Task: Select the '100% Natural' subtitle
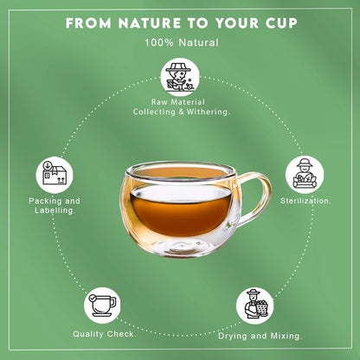(180, 42)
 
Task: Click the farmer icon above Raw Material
(179, 78)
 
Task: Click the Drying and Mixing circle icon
(255, 305)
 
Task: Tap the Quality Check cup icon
(101, 305)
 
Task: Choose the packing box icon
(53, 172)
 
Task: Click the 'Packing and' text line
(49, 201)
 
